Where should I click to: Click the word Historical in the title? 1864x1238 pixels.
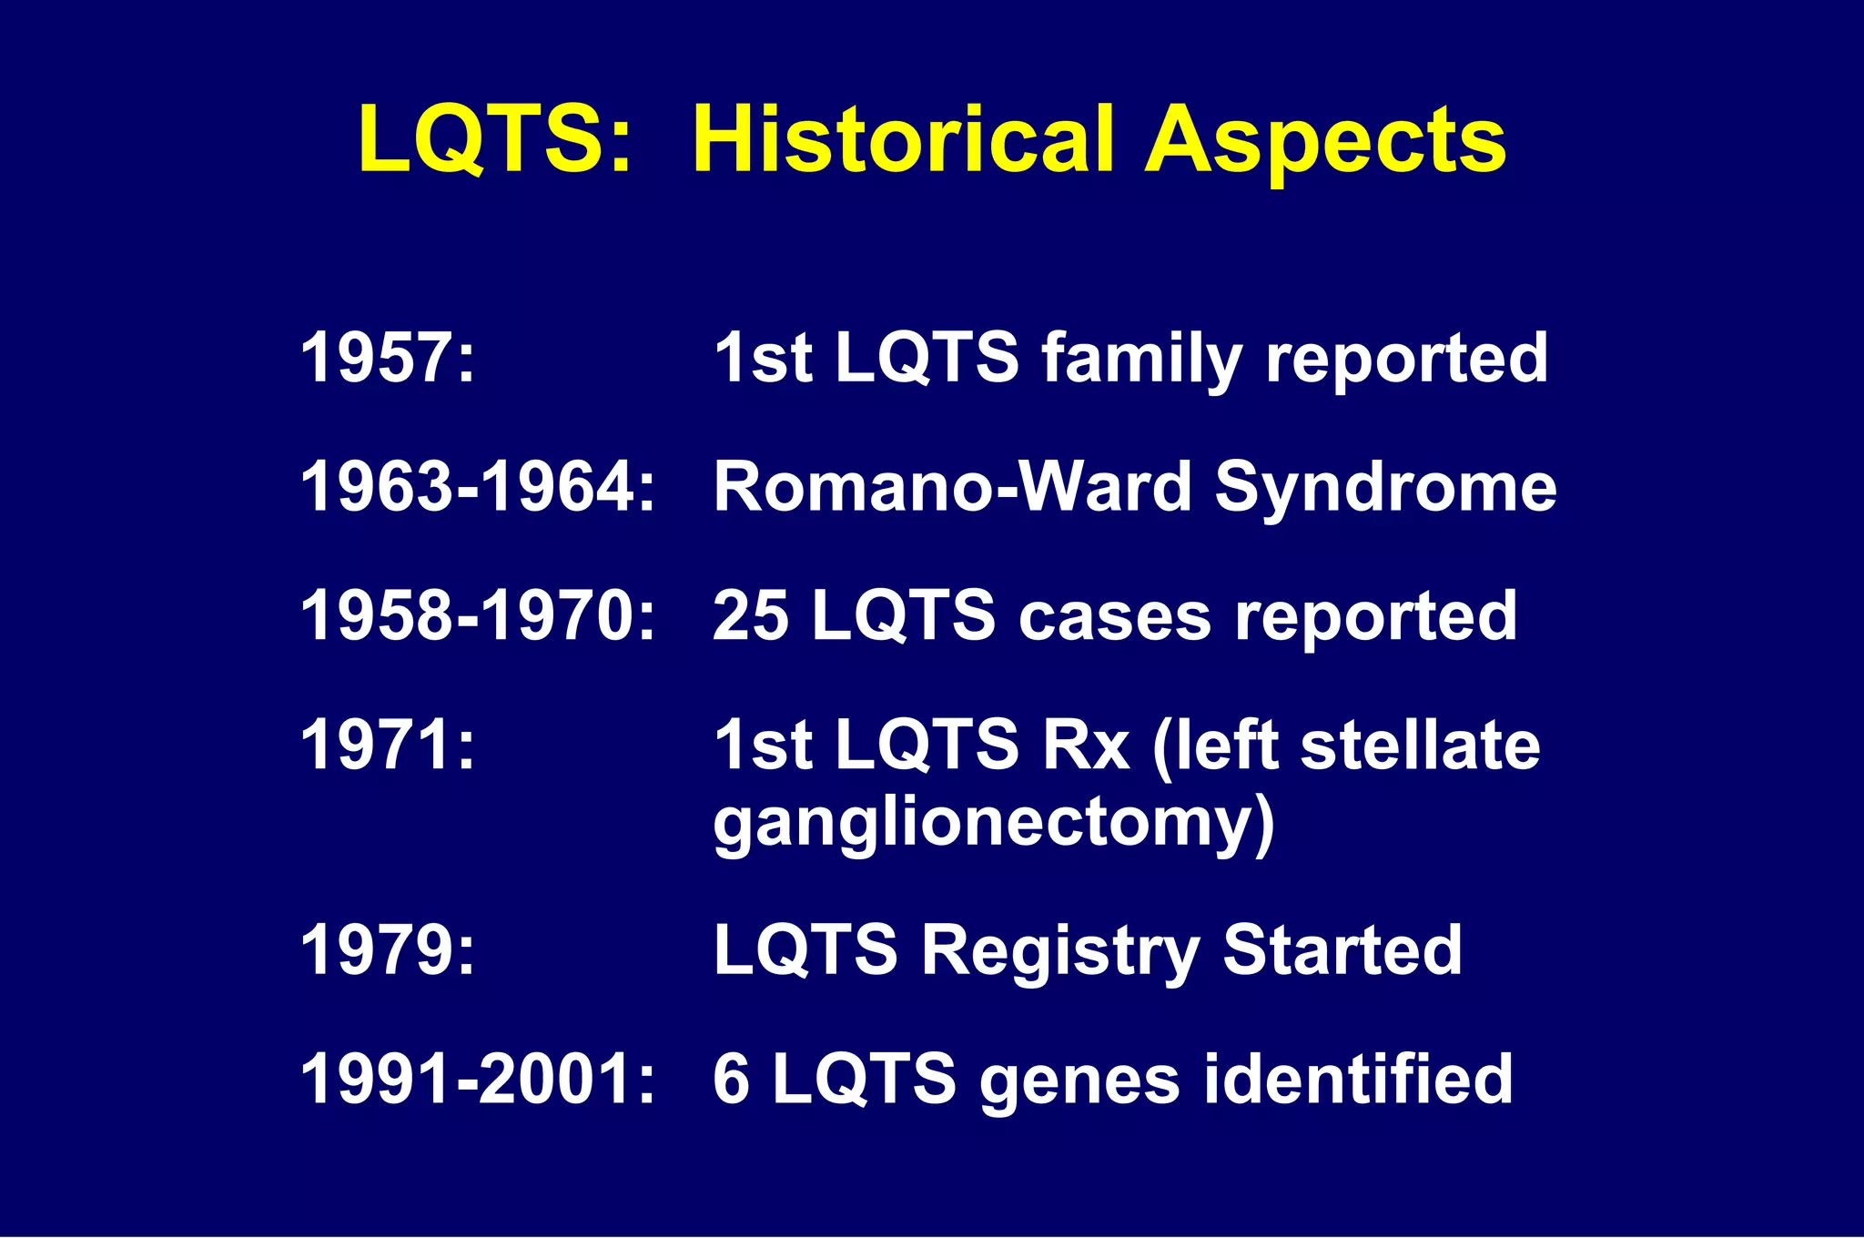coord(902,139)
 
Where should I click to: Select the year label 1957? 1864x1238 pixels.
coord(388,358)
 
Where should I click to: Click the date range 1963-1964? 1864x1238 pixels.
coord(477,487)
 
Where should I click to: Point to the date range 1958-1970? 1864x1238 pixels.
coord(477,616)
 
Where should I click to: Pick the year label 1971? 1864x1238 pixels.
coord(388,746)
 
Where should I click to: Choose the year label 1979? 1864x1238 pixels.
coord(388,950)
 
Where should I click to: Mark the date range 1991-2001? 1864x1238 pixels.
coord(477,1080)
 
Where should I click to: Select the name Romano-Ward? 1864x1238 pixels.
coord(952,487)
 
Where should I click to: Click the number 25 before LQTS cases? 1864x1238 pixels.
coord(750,616)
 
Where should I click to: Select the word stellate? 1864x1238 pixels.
coord(1420,746)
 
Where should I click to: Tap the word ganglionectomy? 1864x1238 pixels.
coord(992,824)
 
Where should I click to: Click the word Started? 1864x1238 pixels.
coord(1342,950)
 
